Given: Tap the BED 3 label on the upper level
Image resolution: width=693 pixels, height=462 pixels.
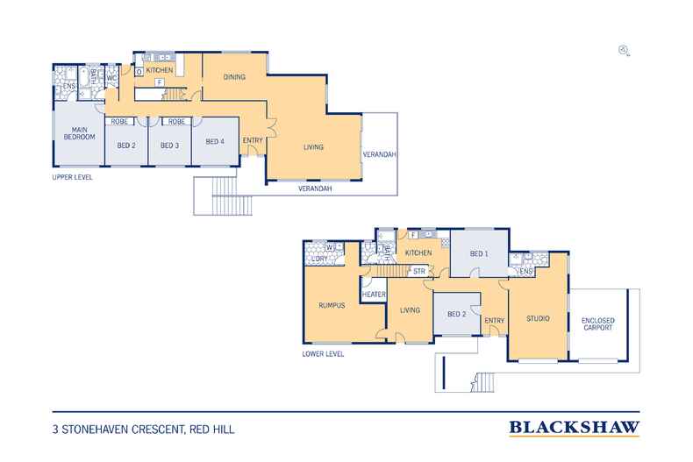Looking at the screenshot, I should pyautogui.click(x=170, y=141).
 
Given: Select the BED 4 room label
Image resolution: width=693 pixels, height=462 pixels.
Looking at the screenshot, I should pyautogui.click(x=215, y=141).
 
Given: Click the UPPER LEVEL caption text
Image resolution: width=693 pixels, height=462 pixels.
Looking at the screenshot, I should pyautogui.click(x=73, y=177).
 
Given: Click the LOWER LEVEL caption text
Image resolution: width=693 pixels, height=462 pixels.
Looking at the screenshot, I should pyautogui.click(x=322, y=354).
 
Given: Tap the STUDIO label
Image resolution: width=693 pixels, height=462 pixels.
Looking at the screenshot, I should pyautogui.click(x=538, y=317).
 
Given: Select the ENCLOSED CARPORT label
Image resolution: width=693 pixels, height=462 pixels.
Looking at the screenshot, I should pyautogui.click(x=598, y=325).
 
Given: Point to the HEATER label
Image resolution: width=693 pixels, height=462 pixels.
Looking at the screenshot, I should pyautogui.click(x=374, y=295).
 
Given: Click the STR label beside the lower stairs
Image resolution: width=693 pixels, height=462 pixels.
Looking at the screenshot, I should pyautogui.click(x=419, y=271).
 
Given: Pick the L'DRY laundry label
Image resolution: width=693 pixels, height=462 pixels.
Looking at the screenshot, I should pyautogui.click(x=318, y=258).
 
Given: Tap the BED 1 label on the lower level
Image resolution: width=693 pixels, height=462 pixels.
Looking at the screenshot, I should pyautogui.click(x=479, y=252).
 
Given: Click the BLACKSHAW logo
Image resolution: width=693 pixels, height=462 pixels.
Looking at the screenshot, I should pyautogui.click(x=574, y=429).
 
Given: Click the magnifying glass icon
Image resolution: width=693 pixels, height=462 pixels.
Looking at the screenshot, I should pyautogui.click(x=623, y=50).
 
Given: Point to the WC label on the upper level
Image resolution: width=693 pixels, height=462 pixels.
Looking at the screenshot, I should pyautogui.click(x=112, y=78).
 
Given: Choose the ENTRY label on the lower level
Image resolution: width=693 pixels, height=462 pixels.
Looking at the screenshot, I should pyautogui.click(x=494, y=321).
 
